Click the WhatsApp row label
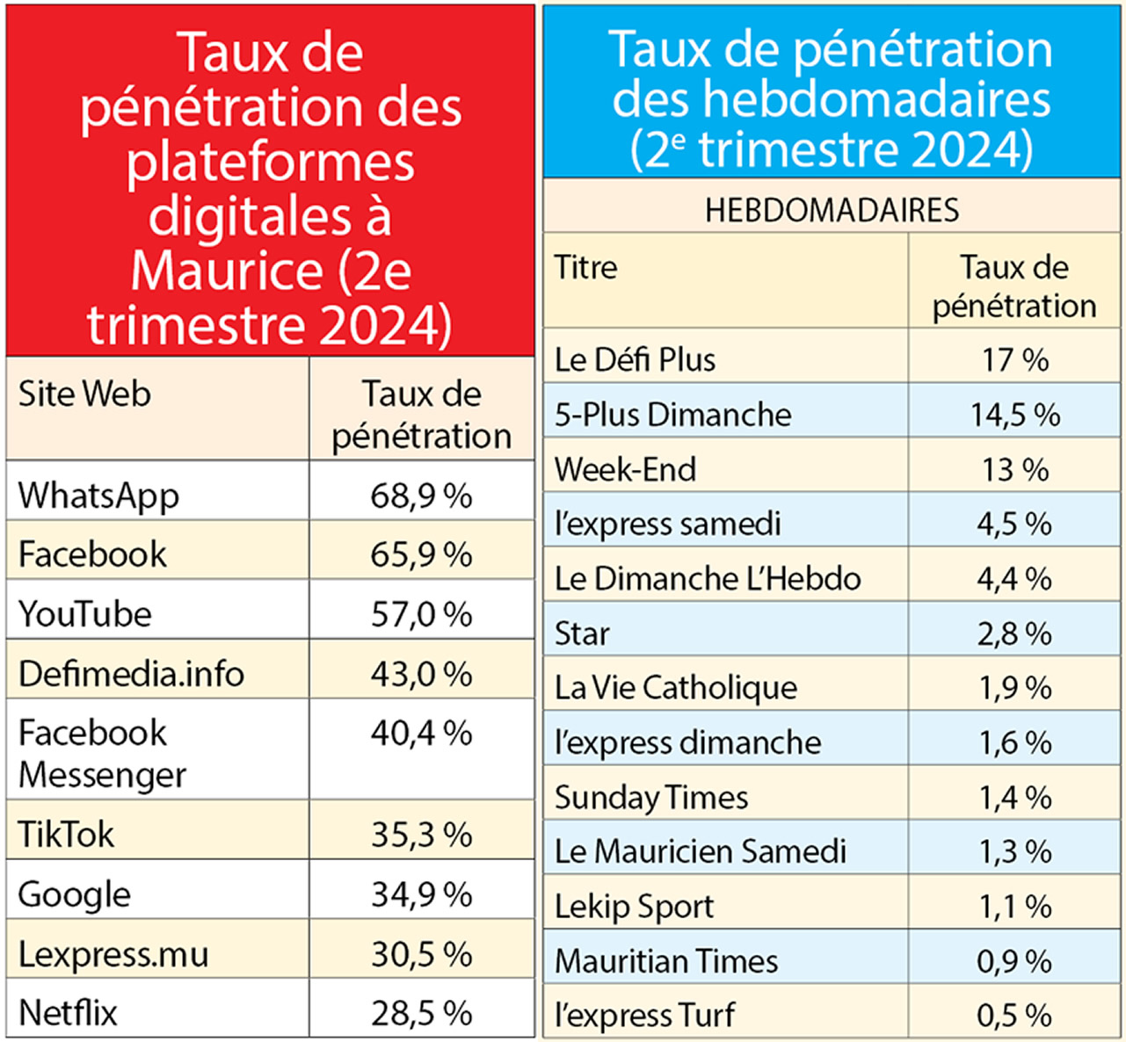point(98,496)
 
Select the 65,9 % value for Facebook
point(421,554)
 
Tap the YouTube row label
point(84,614)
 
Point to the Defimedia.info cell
point(131,674)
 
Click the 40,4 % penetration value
point(421,733)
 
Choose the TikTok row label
point(66,834)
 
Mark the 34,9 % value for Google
point(421,894)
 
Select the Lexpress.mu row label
point(113,954)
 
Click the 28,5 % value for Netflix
point(421,1013)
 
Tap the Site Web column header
point(84,394)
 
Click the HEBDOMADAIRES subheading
point(832,210)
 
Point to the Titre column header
point(585,267)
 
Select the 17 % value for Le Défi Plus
point(1014,359)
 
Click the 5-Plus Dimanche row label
point(672,415)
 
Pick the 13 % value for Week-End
point(1014,469)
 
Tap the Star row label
point(581,633)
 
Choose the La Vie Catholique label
point(675,687)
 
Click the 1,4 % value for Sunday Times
point(1014,797)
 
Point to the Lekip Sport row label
point(634,906)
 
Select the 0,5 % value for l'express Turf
point(1014,1015)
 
